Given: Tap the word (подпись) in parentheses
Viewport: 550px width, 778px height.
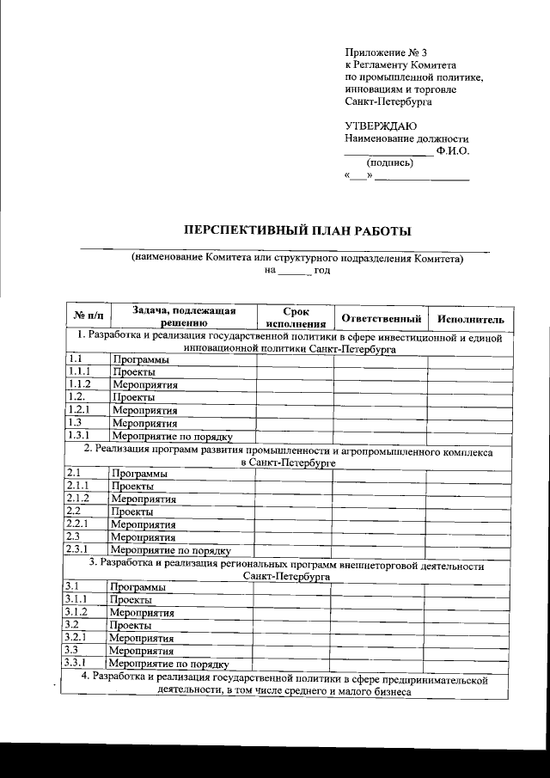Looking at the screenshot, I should pyautogui.click(x=389, y=162).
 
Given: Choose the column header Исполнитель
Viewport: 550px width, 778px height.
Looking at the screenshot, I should pyautogui.click(x=470, y=320).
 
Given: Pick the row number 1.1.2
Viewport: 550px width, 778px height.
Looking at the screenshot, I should pyautogui.click(x=81, y=384).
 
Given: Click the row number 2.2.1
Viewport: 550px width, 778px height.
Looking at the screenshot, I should pyautogui.click(x=79, y=524).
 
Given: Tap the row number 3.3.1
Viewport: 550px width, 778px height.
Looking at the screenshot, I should pyautogui.click(x=78, y=663).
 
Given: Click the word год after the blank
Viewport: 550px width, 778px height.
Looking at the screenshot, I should pyautogui.click(x=321, y=270).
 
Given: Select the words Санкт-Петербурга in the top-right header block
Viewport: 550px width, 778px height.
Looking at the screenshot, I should pyautogui.click(x=388, y=101).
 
